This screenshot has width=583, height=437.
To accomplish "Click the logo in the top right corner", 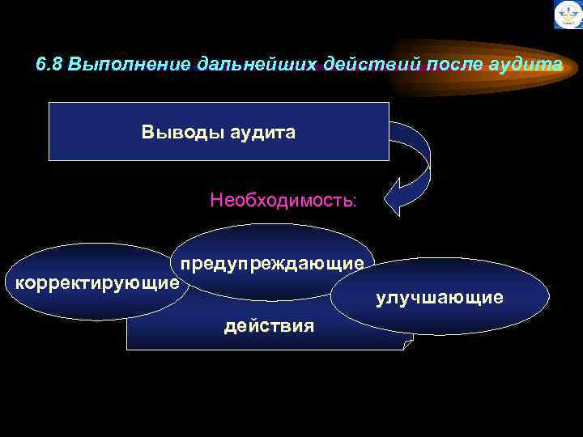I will pos(568,15).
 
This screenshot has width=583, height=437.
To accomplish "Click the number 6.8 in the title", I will pos(50,65).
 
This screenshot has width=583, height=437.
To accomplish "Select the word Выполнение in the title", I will pos(130,65).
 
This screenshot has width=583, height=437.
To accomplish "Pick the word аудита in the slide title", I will pos(525,65).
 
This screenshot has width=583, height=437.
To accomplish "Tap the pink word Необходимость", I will pos(279,200).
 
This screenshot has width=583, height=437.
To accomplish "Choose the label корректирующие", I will pos(92,283).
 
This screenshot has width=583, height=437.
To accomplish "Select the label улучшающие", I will pos(439,299).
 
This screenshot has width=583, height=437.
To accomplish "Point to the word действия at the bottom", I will pos(269,326).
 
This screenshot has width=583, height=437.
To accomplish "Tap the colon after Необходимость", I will pos(353,201).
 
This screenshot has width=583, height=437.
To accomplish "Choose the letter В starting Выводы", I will pos(147,132).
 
